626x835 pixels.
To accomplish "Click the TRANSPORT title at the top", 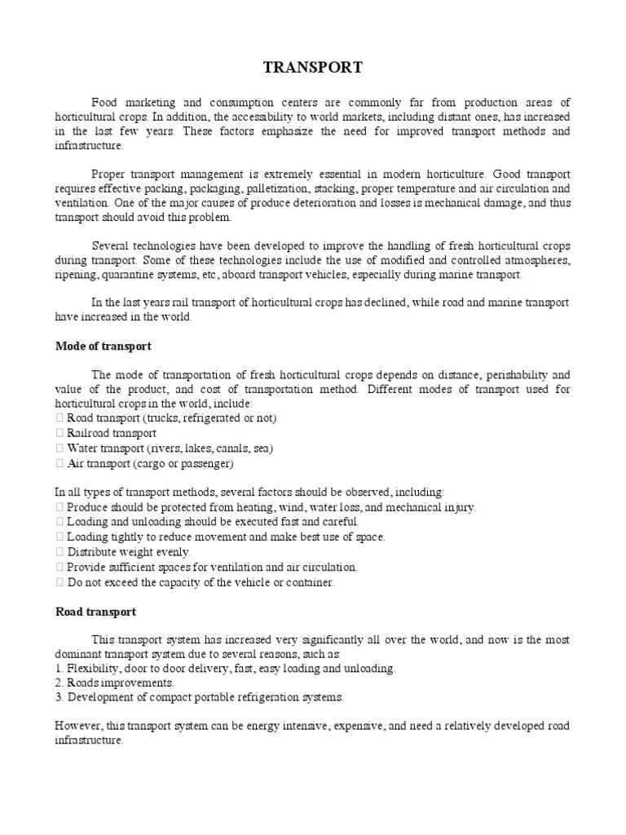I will coord(313,68).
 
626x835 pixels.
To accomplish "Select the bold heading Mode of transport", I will coord(103,346).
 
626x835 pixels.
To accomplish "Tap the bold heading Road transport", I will coord(95,611).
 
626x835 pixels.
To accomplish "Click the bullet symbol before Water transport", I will coord(59,448).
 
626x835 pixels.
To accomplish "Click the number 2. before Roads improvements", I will coord(59,683).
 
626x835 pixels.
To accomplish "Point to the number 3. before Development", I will coord(59,697).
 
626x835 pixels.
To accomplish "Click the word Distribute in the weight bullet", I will coord(94,551).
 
